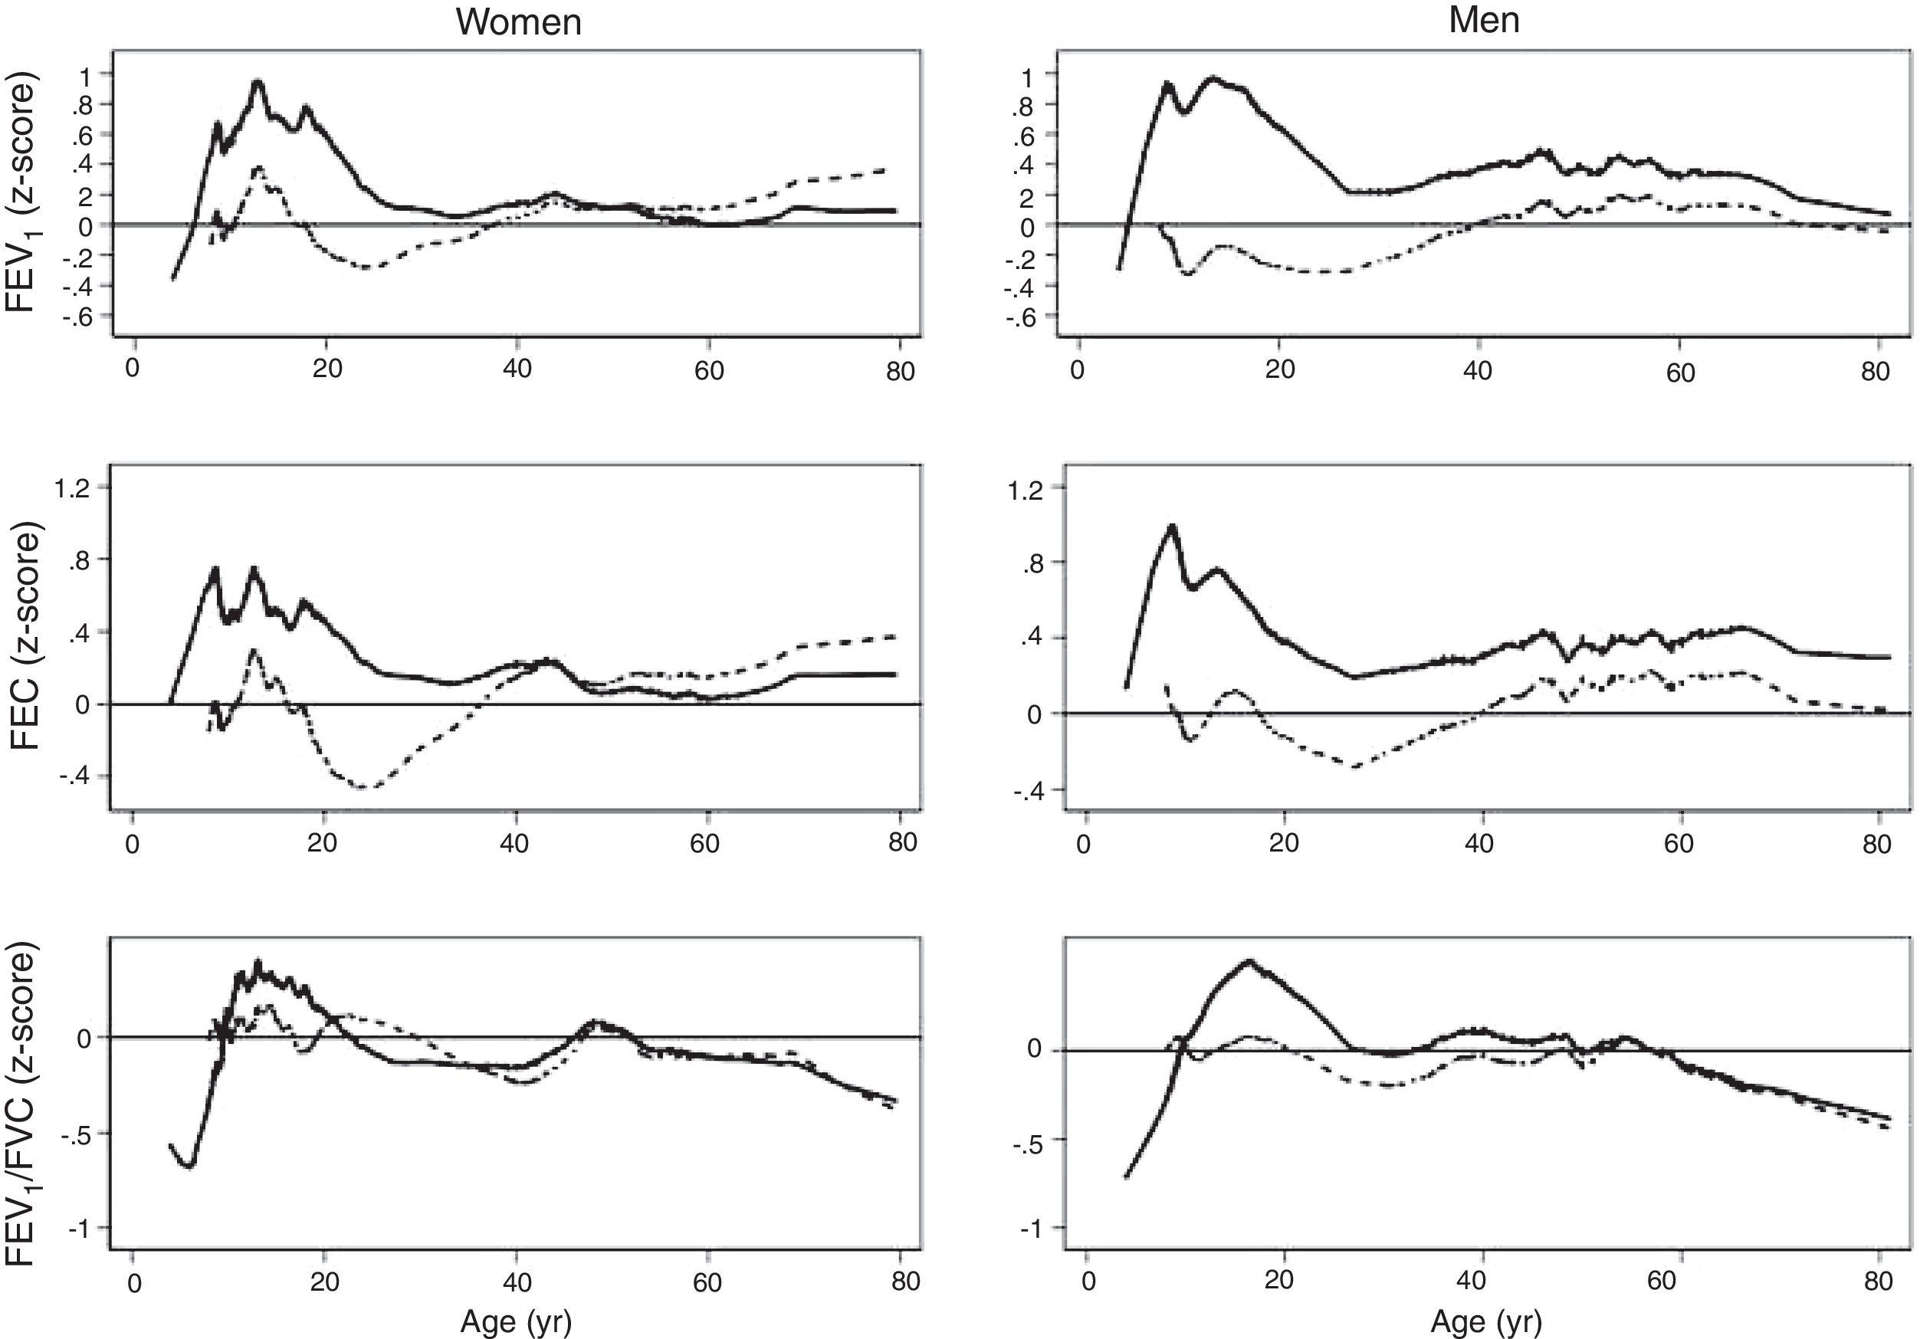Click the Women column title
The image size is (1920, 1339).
[x=518, y=21]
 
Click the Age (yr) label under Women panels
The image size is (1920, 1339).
[x=516, y=1321]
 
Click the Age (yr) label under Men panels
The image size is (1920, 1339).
[x=1485, y=1321]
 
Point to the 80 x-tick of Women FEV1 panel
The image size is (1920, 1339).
[x=901, y=370]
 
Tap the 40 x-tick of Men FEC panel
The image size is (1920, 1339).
[x=1479, y=842]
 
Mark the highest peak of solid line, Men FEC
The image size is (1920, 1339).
[x=1172, y=527]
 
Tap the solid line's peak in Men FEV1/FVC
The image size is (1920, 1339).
[x=1249, y=962]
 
